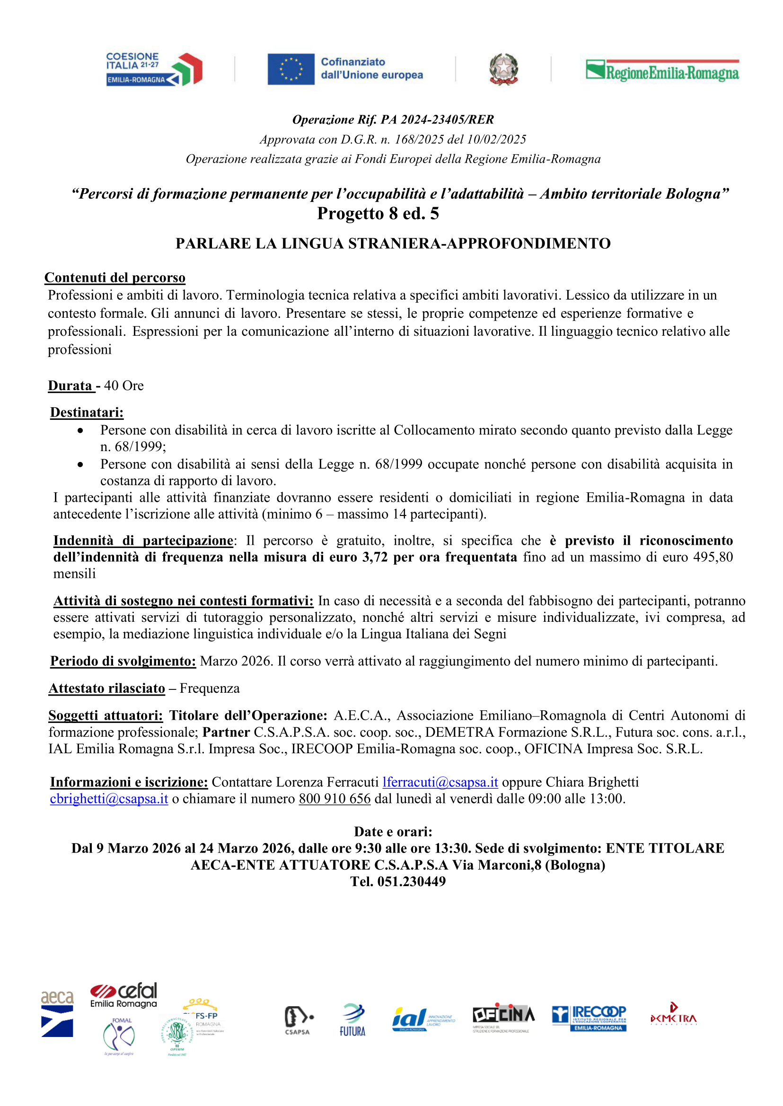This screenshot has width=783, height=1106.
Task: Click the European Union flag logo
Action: coord(291,69)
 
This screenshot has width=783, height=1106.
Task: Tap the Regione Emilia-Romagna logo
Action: coord(661,70)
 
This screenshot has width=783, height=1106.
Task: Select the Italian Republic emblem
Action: coord(503,69)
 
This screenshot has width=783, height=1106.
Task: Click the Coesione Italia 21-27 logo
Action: coord(154,69)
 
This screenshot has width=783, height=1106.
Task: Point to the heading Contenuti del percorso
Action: coord(115,278)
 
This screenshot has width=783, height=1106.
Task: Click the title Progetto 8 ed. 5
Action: coord(378,213)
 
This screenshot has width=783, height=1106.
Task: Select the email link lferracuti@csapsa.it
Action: coord(440,782)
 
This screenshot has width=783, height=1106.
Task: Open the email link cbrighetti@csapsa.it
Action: coord(109,799)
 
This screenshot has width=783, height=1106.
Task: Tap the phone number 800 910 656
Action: coord(334,799)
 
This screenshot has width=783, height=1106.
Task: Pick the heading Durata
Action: coord(70,385)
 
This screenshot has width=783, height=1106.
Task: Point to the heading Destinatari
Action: coord(87,412)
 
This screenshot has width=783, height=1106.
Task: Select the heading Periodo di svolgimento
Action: coord(123,661)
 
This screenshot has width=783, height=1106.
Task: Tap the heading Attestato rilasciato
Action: coord(106,688)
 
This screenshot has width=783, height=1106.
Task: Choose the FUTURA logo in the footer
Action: coord(352,1021)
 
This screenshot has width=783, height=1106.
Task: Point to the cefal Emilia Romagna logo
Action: coord(124,994)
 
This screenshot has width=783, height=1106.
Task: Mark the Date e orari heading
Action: coord(393,831)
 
